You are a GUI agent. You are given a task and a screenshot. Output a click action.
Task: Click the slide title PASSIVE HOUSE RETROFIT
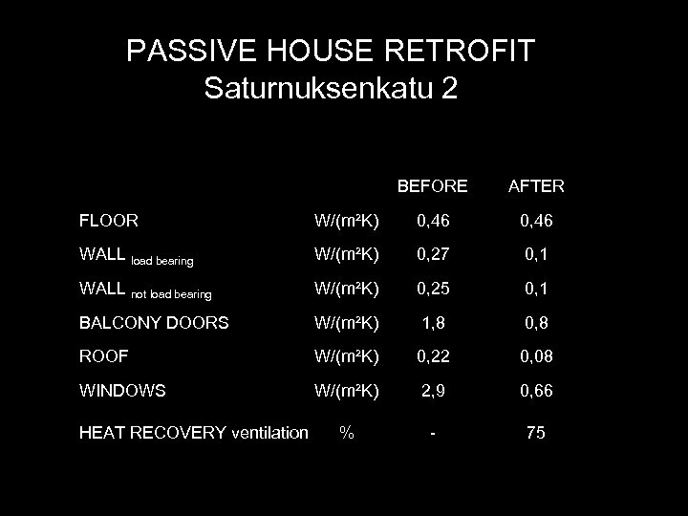(x=343, y=51)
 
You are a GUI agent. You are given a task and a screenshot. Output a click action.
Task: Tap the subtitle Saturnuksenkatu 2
(x=331, y=89)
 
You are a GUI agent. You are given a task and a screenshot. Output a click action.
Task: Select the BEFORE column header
(x=432, y=185)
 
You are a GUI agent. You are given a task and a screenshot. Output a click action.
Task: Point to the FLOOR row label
(x=110, y=221)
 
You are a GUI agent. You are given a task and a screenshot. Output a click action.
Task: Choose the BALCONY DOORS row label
(x=155, y=323)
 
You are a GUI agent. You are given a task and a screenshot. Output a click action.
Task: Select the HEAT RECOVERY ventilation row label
(x=195, y=433)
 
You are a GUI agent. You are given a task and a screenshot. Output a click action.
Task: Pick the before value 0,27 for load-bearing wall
(x=433, y=255)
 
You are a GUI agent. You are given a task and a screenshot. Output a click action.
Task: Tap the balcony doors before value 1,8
(x=433, y=323)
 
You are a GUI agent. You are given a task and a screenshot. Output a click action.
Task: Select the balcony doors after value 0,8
(x=535, y=323)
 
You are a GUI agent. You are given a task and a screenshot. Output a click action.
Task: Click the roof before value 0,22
(x=433, y=356)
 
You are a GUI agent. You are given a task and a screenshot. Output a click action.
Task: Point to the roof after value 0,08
(x=535, y=356)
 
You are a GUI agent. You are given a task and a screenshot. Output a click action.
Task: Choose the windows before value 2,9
(x=433, y=391)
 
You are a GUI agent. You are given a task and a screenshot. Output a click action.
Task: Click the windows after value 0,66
(x=535, y=391)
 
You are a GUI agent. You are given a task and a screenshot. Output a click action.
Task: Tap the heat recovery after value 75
(x=535, y=433)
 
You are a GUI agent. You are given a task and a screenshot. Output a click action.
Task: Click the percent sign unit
(x=347, y=433)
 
